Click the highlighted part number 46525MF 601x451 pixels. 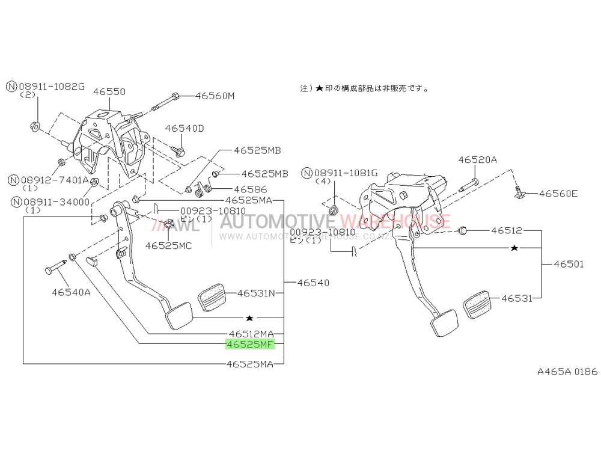249,345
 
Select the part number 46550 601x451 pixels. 109,92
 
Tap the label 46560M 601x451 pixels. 215,96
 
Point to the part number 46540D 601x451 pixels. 185,129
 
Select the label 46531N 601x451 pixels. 255,293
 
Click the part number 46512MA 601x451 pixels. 251,334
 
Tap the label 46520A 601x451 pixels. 477,160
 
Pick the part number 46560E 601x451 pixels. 558,194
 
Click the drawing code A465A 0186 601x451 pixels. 567,372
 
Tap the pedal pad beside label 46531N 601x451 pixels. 212,298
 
